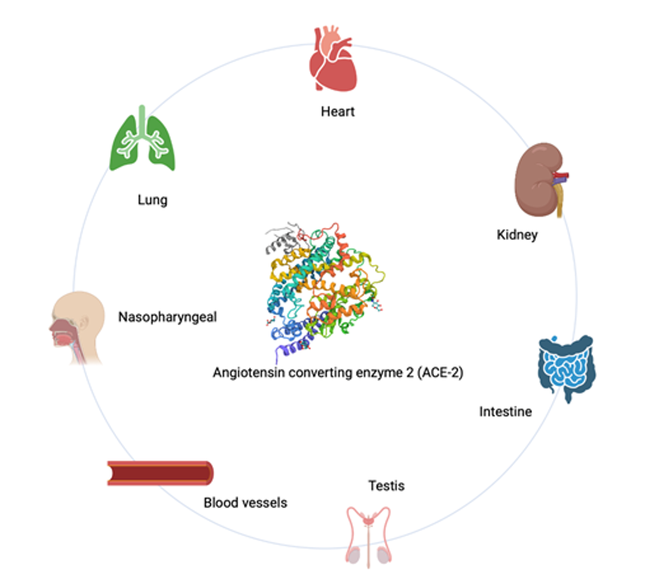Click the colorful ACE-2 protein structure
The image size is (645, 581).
pyautogui.click(x=325, y=290)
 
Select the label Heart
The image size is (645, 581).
pyautogui.click(x=338, y=112)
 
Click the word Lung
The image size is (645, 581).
pyautogui.click(x=152, y=200)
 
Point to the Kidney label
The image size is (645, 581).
pyautogui.click(x=517, y=235)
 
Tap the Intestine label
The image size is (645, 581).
pyautogui.click(x=506, y=412)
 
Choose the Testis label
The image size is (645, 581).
pyautogui.click(x=386, y=485)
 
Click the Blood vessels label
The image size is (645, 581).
pyautogui.click(x=245, y=502)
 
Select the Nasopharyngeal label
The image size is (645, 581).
pyautogui.click(x=167, y=317)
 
